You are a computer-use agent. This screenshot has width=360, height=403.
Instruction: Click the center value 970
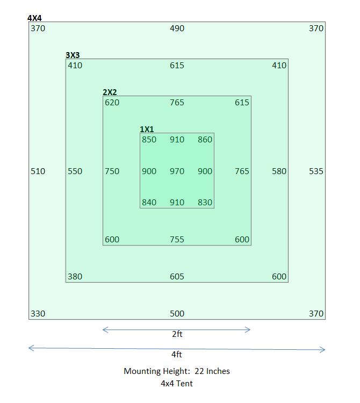(x=177, y=171)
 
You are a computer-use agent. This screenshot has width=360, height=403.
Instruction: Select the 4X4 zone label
(x=34, y=18)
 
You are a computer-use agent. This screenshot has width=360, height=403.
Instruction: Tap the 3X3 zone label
(x=73, y=55)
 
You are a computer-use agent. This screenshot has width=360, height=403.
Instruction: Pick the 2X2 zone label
(x=110, y=92)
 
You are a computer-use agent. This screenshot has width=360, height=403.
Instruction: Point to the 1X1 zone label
(x=147, y=129)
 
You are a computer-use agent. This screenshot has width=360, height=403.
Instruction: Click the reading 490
(x=177, y=28)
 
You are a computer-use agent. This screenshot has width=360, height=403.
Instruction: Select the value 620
(x=112, y=103)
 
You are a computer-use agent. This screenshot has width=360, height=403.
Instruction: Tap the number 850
(x=149, y=140)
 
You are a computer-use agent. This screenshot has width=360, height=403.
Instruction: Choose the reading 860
(x=205, y=140)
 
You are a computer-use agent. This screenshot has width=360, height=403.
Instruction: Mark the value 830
(x=205, y=203)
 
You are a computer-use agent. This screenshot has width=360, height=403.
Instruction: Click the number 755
(x=177, y=240)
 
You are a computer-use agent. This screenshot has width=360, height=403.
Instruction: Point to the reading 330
(x=38, y=314)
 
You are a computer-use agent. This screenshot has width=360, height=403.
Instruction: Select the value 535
(x=316, y=171)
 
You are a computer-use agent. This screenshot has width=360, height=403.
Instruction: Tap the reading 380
(x=75, y=277)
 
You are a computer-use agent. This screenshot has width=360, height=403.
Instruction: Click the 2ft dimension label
(x=177, y=334)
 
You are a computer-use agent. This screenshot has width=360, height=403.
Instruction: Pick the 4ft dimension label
(x=177, y=355)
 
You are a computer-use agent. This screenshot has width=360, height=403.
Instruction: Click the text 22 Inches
(x=212, y=371)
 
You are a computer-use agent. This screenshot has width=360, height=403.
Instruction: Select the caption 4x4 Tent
(x=177, y=384)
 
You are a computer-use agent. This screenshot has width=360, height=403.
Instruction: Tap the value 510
(x=38, y=171)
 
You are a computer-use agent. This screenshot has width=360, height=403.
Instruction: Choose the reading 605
(x=177, y=277)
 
